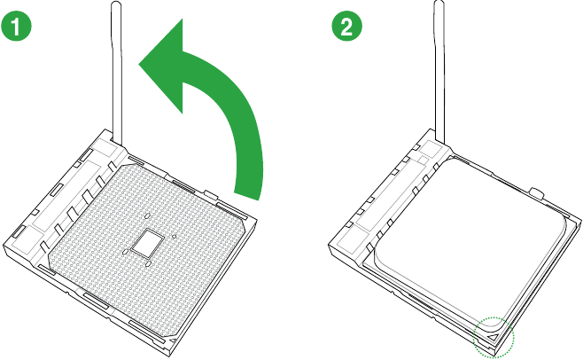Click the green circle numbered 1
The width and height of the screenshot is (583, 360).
17,27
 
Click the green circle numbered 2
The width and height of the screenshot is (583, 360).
346,27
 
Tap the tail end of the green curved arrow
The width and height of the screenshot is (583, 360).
246,195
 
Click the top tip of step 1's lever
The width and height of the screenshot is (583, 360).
116,3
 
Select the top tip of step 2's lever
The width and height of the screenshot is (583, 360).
439,2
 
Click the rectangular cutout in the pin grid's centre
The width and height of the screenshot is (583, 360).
147,242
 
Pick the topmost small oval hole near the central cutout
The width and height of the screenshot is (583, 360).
147,215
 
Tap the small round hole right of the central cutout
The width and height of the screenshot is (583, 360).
174,236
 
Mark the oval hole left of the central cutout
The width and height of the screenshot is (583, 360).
125,252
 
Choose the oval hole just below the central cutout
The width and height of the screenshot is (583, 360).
148,264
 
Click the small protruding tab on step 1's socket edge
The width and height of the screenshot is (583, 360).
211,194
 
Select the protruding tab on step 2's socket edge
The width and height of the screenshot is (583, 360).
537,192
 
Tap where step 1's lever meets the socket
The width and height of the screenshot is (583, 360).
117,143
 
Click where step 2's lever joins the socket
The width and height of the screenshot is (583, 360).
439,141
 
